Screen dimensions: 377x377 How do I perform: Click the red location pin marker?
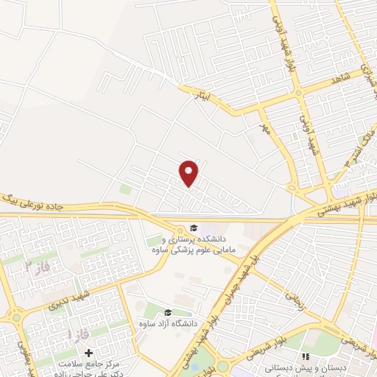click(189, 173)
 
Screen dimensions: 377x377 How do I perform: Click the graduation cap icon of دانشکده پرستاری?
click(193, 228)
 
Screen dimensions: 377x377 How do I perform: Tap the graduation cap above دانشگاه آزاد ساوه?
click(168, 313)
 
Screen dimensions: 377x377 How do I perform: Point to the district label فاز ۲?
click(38, 267)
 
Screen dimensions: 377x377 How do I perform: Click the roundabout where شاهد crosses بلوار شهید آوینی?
click(299, 93)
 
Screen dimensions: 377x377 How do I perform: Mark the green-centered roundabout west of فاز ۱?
click(16, 318)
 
